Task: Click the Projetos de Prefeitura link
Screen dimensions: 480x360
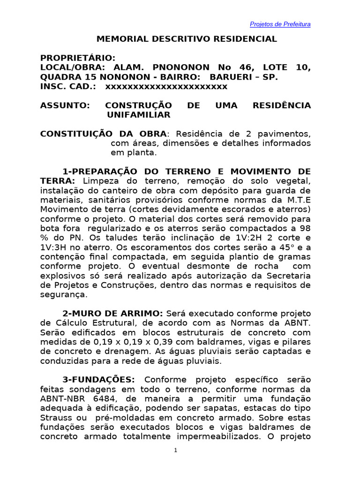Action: tap(280, 24)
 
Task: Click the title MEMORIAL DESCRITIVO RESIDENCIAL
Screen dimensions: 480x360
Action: tap(187, 39)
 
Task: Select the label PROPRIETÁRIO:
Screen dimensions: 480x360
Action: tap(78, 58)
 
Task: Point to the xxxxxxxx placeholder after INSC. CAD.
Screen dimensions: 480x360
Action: tap(166, 87)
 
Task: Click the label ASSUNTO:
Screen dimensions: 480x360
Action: tap(65, 105)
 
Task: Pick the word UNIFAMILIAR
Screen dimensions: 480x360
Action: tap(139, 115)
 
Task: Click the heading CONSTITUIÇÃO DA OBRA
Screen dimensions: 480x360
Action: tap(103, 134)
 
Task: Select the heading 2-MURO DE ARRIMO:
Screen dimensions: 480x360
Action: tap(112, 313)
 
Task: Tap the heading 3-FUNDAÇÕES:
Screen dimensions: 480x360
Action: tap(99, 379)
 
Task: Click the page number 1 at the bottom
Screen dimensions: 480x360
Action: tap(175, 450)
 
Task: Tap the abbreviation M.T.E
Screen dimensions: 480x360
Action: tap(296, 200)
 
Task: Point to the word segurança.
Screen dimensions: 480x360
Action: tap(64, 295)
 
